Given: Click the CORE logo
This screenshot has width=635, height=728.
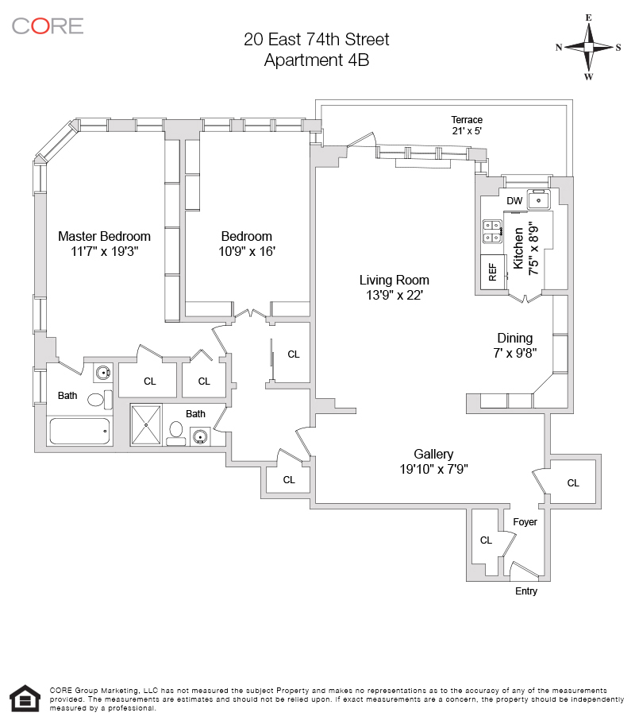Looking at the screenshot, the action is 48,25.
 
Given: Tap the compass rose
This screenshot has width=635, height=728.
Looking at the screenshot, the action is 589,48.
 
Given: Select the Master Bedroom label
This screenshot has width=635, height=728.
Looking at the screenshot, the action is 104,236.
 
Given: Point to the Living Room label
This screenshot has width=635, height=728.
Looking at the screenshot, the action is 394,280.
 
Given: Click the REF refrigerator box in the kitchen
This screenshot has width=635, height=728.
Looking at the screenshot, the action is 492,272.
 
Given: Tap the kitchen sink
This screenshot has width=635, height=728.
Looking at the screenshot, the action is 539,199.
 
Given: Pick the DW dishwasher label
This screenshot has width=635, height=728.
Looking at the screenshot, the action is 514,201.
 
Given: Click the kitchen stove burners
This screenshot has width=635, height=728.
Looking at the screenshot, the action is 491,230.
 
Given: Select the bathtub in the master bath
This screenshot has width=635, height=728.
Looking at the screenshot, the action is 79,432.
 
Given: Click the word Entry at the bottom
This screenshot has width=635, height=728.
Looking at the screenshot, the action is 526,591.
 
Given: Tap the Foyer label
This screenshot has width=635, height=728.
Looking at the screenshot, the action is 525,522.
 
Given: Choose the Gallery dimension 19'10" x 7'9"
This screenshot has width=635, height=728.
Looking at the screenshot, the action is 433,469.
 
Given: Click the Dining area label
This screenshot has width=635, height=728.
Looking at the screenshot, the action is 514,338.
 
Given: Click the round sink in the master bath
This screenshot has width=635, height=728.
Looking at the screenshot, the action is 103,371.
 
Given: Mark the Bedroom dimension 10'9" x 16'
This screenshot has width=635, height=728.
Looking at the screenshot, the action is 246,251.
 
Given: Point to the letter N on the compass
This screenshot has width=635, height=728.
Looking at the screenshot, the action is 559,48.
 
